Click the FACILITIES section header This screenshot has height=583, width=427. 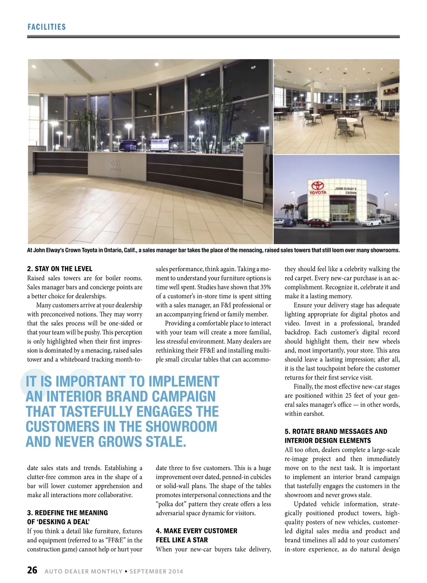point(47,27)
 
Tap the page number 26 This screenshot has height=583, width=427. point(32,570)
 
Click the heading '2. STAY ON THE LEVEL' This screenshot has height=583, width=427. point(59,269)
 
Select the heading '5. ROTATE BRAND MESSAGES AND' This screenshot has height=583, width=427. point(336,431)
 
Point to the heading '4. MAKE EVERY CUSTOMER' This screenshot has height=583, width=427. point(196,531)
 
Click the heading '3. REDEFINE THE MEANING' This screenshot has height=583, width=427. point(67,513)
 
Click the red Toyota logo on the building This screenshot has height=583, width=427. point(317,186)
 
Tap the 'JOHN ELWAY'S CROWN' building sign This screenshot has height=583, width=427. point(345,190)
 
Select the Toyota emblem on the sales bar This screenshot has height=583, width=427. point(116,163)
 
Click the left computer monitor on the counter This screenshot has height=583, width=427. point(127,145)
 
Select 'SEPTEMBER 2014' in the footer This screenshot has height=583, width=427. point(156,571)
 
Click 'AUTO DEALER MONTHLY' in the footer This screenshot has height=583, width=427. point(83,571)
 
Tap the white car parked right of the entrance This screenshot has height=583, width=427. point(371,222)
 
